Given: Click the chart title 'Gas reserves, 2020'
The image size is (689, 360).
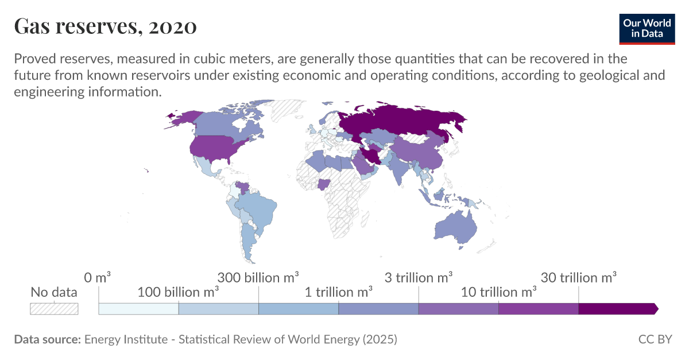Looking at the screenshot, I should pos(105,26).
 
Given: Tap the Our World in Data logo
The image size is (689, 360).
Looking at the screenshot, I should pos(647,28).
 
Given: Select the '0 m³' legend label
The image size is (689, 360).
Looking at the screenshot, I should pos(97,278).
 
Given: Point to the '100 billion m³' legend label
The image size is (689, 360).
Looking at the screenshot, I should pos(179,292).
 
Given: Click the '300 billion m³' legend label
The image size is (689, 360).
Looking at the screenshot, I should pos(258,278).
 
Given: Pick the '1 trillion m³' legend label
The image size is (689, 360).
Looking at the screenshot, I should pos(339,292).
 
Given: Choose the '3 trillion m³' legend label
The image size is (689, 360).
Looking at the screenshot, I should pos(419,278).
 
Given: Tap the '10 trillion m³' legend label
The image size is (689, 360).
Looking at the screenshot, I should pos(498,292).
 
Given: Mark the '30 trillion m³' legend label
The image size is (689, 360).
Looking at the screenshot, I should pos(579,278).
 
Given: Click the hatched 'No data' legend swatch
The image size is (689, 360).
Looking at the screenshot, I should pos(54,309).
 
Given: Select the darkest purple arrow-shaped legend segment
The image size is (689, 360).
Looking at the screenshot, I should pos(617,309).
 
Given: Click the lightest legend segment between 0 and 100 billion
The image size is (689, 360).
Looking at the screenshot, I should pos(138,309).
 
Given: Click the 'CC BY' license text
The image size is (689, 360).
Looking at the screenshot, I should pos(655,339).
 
